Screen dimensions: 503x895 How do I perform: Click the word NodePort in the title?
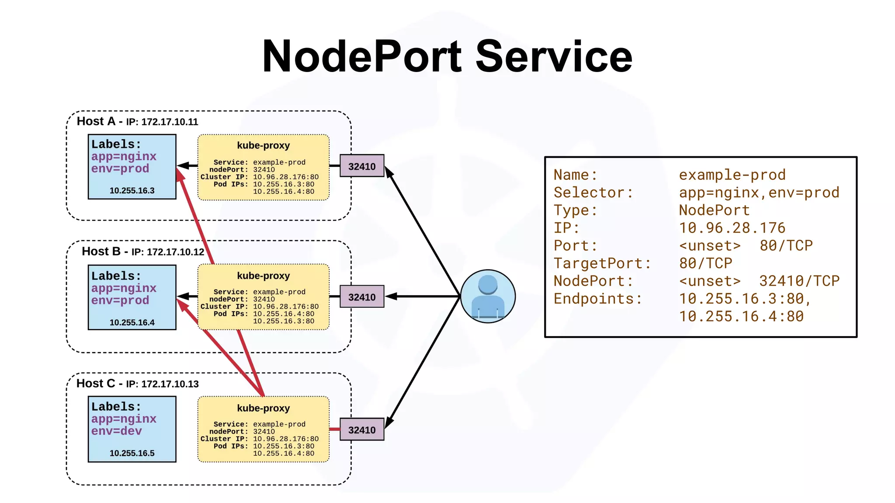[x=362, y=56]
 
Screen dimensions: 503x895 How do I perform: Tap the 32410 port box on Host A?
[x=362, y=166]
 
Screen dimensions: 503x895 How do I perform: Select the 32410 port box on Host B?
[x=362, y=297]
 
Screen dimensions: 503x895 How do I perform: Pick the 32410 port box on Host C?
[x=362, y=430]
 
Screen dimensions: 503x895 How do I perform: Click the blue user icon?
[x=488, y=296]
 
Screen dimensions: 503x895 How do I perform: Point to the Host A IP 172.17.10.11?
[x=170, y=122]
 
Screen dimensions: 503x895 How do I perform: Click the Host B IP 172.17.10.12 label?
[x=175, y=252]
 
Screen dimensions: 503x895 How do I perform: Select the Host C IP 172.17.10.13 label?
[x=170, y=384]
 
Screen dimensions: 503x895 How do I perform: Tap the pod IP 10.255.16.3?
[x=132, y=190]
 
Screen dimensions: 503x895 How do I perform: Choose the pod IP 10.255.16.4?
[x=132, y=322]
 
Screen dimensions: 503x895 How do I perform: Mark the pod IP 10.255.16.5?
[x=132, y=453]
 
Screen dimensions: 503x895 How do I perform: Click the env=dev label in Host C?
[x=116, y=431]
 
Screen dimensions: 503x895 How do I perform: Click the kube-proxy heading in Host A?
[x=263, y=145]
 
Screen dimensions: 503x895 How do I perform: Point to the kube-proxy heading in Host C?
[x=263, y=408]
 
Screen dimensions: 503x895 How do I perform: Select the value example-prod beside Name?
[x=732, y=175]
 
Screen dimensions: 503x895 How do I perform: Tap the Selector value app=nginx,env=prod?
[x=759, y=193]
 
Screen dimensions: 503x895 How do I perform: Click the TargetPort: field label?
[x=602, y=263]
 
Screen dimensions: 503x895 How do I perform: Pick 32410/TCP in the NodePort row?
[x=799, y=281]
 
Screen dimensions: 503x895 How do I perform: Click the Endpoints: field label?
[x=598, y=299]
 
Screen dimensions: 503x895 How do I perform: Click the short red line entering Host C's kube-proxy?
[x=334, y=429]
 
